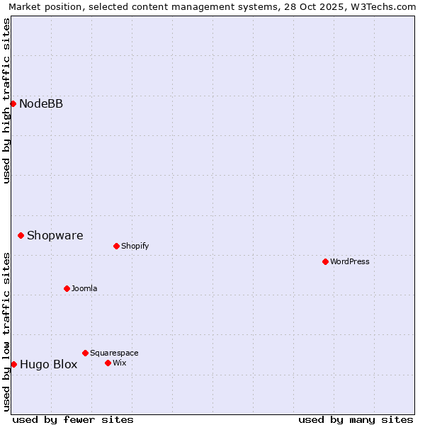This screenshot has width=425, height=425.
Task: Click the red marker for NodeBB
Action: point(13,104)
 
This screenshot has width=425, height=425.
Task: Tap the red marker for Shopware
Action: point(21,235)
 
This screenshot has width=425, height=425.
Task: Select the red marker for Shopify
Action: point(116,246)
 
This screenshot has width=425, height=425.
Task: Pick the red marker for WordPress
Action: point(325,262)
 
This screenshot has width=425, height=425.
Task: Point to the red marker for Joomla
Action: point(67,288)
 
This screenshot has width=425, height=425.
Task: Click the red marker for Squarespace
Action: point(85,353)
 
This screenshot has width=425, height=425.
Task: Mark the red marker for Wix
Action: point(108,363)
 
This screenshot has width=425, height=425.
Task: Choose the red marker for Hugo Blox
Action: point(13,364)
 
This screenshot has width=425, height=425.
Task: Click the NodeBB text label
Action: point(41,104)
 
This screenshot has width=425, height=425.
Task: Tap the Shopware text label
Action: point(55,235)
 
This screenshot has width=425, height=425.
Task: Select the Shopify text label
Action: point(135,246)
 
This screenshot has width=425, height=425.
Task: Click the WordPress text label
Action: point(350,262)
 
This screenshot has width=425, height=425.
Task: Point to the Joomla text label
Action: point(84,288)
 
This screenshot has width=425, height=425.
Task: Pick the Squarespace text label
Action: point(114,353)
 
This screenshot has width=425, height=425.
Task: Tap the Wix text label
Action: point(119,363)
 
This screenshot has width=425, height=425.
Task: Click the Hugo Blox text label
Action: point(48,365)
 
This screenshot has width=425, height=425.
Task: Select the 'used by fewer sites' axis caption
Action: point(73,419)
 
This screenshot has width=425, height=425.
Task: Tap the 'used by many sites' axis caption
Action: point(356,419)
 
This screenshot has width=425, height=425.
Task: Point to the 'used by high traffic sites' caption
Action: point(6,101)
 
